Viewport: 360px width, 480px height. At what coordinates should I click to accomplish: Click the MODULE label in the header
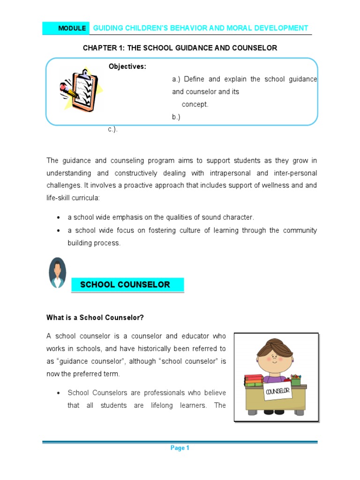point(72,29)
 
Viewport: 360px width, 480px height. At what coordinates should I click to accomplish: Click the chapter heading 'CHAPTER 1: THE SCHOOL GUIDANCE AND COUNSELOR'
point(180,48)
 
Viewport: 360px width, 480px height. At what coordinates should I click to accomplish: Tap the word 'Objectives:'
point(127,67)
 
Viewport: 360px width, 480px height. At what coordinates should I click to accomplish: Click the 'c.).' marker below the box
point(113,129)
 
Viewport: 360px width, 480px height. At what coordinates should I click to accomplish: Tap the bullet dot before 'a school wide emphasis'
point(58,217)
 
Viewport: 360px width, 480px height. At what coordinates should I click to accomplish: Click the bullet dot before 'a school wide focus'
point(58,231)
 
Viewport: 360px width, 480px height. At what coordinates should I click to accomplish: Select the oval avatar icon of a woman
point(57,273)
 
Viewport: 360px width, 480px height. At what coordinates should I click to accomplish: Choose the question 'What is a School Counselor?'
point(95,317)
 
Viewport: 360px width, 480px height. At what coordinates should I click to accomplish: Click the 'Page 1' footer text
point(180,448)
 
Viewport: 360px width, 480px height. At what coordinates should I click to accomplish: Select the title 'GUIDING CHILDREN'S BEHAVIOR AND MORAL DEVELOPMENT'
point(201,28)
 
